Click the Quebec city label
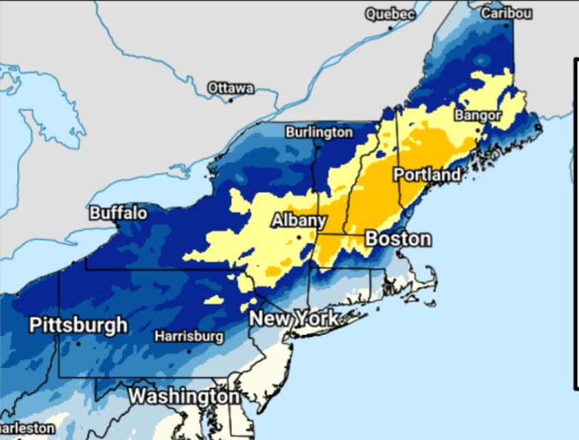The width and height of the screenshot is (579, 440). pyautogui.click(x=391, y=14)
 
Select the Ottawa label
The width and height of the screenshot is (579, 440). pyautogui.click(x=231, y=88)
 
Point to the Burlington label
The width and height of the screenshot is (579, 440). pyautogui.click(x=319, y=132)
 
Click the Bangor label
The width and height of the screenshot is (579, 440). pyautogui.click(x=478, y=115)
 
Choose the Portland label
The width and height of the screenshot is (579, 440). pyautogui.click(x=427, y=175)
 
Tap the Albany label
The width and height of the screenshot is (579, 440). pyautogui.click(x=299, y=220)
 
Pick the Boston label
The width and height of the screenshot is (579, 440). pyautogui.click(x=398, y=239)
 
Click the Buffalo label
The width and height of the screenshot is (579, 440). pyautogui.click(x=118, y=214)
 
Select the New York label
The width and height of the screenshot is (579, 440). pyautogui.click(x=294, y=318)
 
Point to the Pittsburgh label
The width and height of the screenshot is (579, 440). pyautogui.click(x=78, y=326)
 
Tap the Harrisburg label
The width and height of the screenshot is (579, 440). pyautogui.click(x=188, y=336)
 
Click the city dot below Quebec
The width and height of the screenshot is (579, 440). pyautogui.click(x=391, y=28)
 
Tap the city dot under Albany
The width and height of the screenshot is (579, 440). pyautogui.click(x=299, y=237)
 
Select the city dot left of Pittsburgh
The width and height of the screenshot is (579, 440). pyautogui.click(x=78, y=343)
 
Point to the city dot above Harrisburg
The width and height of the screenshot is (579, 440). pyautogui.click(x=188, y=349)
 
